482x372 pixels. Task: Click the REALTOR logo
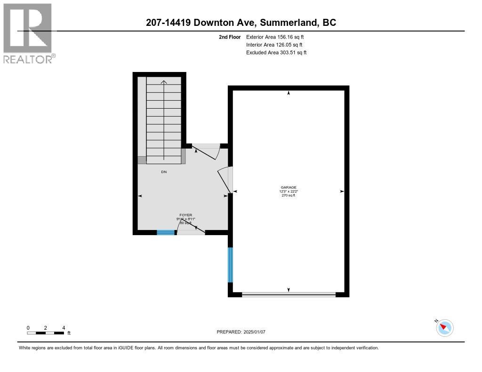coord(28,33)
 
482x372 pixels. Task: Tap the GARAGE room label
coord(289,187)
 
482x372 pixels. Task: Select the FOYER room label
coord(185,215)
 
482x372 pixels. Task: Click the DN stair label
coord(164,172)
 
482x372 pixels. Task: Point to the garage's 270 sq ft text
coord(289,196)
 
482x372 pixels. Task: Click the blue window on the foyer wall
coord(165,232)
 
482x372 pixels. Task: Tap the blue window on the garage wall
coord(230,265)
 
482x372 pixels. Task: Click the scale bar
coord(46,333)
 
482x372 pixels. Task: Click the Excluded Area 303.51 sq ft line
coord(276,53)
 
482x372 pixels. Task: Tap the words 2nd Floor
coord(230,37)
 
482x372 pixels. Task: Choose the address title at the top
coord(241,23)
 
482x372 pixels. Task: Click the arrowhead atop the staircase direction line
coord(164,82)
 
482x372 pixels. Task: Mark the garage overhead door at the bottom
coord(289,295)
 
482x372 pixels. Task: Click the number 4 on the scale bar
coord(63,328)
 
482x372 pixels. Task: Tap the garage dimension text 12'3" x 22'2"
coord(289,191)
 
